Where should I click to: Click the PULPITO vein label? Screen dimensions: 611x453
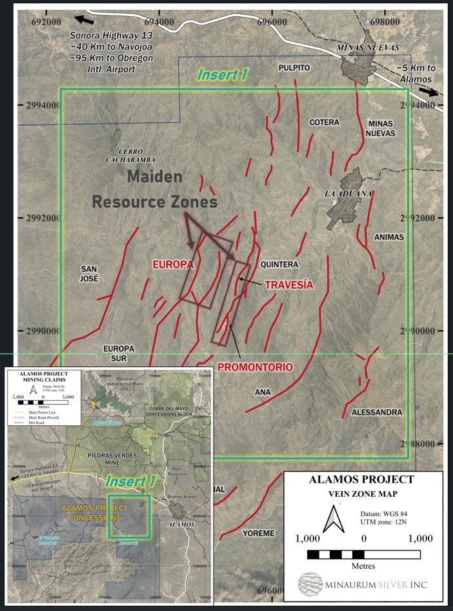point(294,68)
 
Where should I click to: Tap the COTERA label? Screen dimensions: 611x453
point(324,122)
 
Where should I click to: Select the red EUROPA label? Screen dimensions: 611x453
point(174,265)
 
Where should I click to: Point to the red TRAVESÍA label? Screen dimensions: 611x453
point(289,284)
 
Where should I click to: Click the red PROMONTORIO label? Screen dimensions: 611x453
point(255,367)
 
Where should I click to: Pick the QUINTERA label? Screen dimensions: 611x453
point(279,265)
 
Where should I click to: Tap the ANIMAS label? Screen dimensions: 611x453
point(388,237)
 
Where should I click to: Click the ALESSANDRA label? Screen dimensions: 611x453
point(377,412)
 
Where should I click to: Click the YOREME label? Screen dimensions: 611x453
point(258,534)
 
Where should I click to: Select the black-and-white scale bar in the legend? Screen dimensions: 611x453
point(364,554)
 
